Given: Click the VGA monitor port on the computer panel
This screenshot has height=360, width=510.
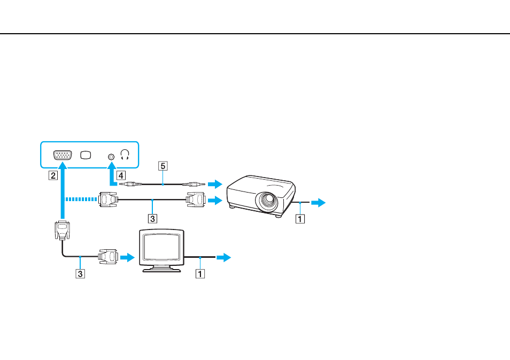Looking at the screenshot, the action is tap(63, 155).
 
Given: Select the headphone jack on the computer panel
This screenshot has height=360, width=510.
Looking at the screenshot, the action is tap(111, 157).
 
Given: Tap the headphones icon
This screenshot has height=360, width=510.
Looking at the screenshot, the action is tap(125, 155).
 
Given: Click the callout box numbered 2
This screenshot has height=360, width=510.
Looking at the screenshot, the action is tap(53, 175).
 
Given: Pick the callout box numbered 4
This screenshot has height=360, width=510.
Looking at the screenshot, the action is tap(121, 175).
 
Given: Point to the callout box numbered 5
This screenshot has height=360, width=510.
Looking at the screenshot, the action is tap(163, 166).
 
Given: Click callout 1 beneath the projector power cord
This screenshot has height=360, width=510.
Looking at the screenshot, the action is tap(300, 219).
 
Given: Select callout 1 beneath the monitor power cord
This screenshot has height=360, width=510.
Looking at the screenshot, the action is tap(200, 274).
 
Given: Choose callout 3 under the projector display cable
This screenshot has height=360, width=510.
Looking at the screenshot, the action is tap(152, 218).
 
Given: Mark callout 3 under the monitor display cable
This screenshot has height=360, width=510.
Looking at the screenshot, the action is tap(80, 273).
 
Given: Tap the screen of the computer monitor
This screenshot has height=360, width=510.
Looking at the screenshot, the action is tap(161, 247).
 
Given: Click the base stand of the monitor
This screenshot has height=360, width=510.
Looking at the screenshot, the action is tap(161, 269).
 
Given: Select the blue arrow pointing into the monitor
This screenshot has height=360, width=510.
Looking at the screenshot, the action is tap(127, 257).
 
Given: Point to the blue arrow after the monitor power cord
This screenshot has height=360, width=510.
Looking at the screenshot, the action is tap(224, 257).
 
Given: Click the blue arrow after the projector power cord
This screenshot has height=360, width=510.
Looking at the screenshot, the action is tap(318, 202).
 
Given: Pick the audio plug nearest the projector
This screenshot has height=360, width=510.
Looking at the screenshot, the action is tap(194, 184).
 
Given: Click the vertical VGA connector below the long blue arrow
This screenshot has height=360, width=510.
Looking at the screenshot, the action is tap(62, 231).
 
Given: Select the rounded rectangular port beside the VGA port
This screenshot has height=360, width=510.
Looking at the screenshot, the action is tap(86, 155).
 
